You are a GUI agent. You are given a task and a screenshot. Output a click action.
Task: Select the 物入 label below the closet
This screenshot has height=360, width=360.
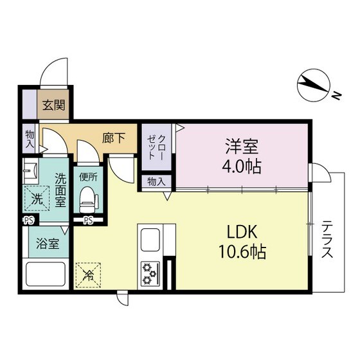point(156,181)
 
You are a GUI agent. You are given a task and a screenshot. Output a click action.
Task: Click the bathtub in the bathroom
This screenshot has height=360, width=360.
point(46,276)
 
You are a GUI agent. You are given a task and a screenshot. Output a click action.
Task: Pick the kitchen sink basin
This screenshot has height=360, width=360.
point(150,240)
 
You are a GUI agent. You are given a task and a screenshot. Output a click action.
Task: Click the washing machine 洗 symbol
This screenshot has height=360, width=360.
point(38,199)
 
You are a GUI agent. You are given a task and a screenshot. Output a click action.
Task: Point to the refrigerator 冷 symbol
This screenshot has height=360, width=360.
point(89,276)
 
